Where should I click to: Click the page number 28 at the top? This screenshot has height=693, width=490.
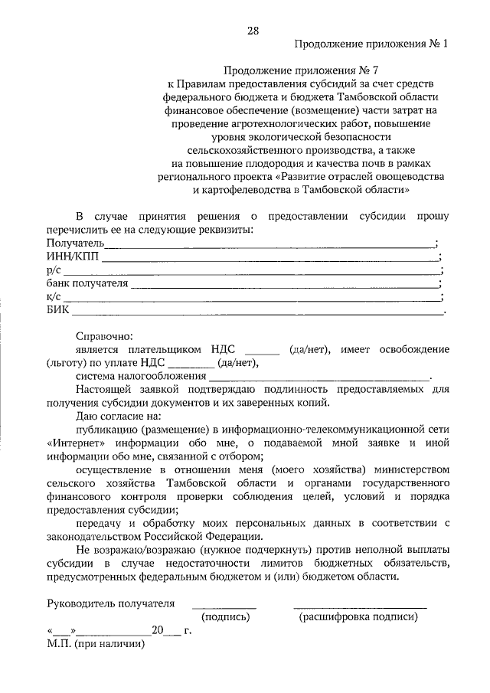(x=253, y=31)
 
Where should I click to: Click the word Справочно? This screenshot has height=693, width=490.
(x=104, y=336)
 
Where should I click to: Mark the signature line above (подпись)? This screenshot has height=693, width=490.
(x=224, y=605)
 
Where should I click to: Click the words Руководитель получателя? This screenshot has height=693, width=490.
(x=110, y=603)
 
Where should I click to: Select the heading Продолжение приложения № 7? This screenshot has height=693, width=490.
(x=292, y=70)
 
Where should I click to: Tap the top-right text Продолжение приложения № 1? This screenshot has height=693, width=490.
(x=371, y=44)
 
